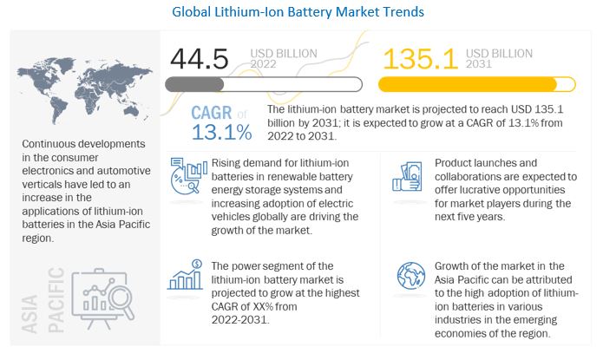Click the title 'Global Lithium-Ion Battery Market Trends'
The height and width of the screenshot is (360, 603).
tap(301, 11)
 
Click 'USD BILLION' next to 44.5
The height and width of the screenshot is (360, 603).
tap(285, 53)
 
